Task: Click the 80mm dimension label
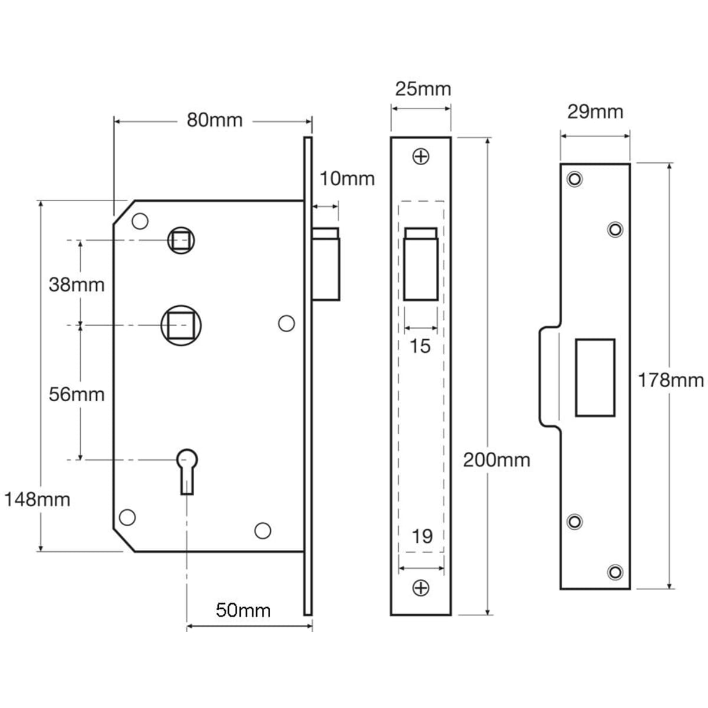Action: pyautogui.click(x=215, y=120)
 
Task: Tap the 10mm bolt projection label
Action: pyautogui.click(x=347, y=178)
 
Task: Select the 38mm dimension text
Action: pyautogui.click(x=76, y=285)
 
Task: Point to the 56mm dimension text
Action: pyautogui.click(x=76, y=394)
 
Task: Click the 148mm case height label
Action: pyautogui.click(x=37, y=500)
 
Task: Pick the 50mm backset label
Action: pyautogui.click(x=243, y=609)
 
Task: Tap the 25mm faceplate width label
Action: pyautogui.click(x=422, y=89)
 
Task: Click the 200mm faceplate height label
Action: pyautogui.click(x=496, y=460)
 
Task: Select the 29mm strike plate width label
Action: pyautogui.click(x=595, y=112)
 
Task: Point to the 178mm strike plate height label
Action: pyautogui.click(x=670, y=381)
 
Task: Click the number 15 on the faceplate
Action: pyautogui.click(x=420, y=346)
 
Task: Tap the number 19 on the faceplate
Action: pyautogui.click(x=422, y=536)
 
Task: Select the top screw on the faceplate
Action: pyautogui.click(x=421, y=157)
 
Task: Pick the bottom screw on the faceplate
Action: pyautogui.click(x=421, y=588)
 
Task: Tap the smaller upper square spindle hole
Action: pyautogui.click(x=182, y=240)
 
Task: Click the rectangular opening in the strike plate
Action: pyautogui.click(x=595, y=378)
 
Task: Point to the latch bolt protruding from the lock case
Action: pyautogui.click(x=326, y=264)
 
